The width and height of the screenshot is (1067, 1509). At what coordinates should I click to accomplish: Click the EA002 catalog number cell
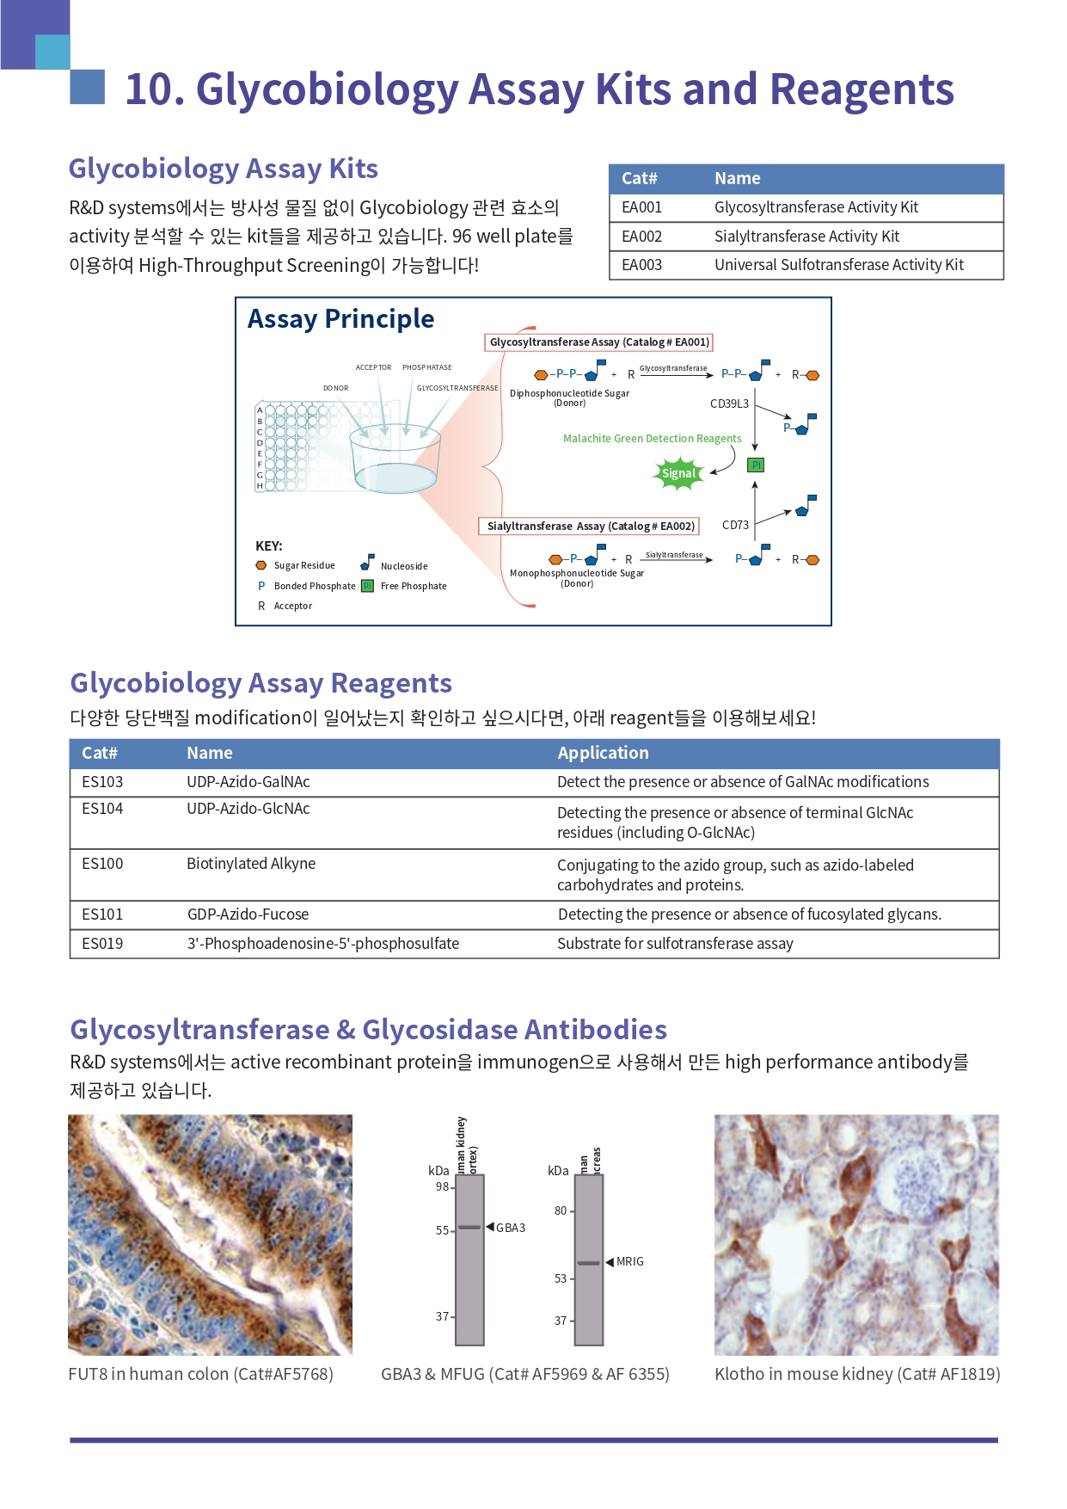tap(641, 237)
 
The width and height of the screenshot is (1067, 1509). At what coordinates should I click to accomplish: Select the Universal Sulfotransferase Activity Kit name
tap(838, 265)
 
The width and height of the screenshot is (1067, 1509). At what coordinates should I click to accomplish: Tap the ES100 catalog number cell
tap(102, 864)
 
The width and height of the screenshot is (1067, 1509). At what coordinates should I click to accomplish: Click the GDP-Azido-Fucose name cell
tap(248, 915)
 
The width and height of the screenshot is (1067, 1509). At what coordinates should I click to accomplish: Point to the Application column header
tap(603, 753)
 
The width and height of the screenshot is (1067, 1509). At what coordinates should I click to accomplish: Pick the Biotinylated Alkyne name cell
tap(251, 864)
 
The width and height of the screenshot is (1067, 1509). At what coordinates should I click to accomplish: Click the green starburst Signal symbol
tap(678, 473)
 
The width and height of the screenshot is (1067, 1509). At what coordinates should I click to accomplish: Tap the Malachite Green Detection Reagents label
tap(652, 439)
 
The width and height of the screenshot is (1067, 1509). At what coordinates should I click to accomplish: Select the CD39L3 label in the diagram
tap(729, 403)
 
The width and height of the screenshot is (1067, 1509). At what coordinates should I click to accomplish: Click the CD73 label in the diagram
tap(735, 525)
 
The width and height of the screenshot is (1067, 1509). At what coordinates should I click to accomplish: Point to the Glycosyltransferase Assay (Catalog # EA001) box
tap(599, 342)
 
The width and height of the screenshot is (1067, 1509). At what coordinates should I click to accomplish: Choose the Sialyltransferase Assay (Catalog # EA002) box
tap(590, 527)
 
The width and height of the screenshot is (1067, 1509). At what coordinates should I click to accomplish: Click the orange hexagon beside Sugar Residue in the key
tap(261, 565)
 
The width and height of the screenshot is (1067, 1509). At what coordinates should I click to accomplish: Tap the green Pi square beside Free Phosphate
tap(367, 586)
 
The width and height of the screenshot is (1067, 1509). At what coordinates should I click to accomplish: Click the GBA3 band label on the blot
tap(510, 1228)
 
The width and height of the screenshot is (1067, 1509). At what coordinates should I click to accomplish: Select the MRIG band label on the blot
tap(629, 1261)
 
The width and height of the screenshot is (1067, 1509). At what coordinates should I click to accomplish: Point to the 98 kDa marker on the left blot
tap(442, 1187)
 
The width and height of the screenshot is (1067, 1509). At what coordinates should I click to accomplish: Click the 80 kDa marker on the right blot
tap(561, 1210)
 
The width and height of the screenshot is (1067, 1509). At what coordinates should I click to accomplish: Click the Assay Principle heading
tap(340, 319)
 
